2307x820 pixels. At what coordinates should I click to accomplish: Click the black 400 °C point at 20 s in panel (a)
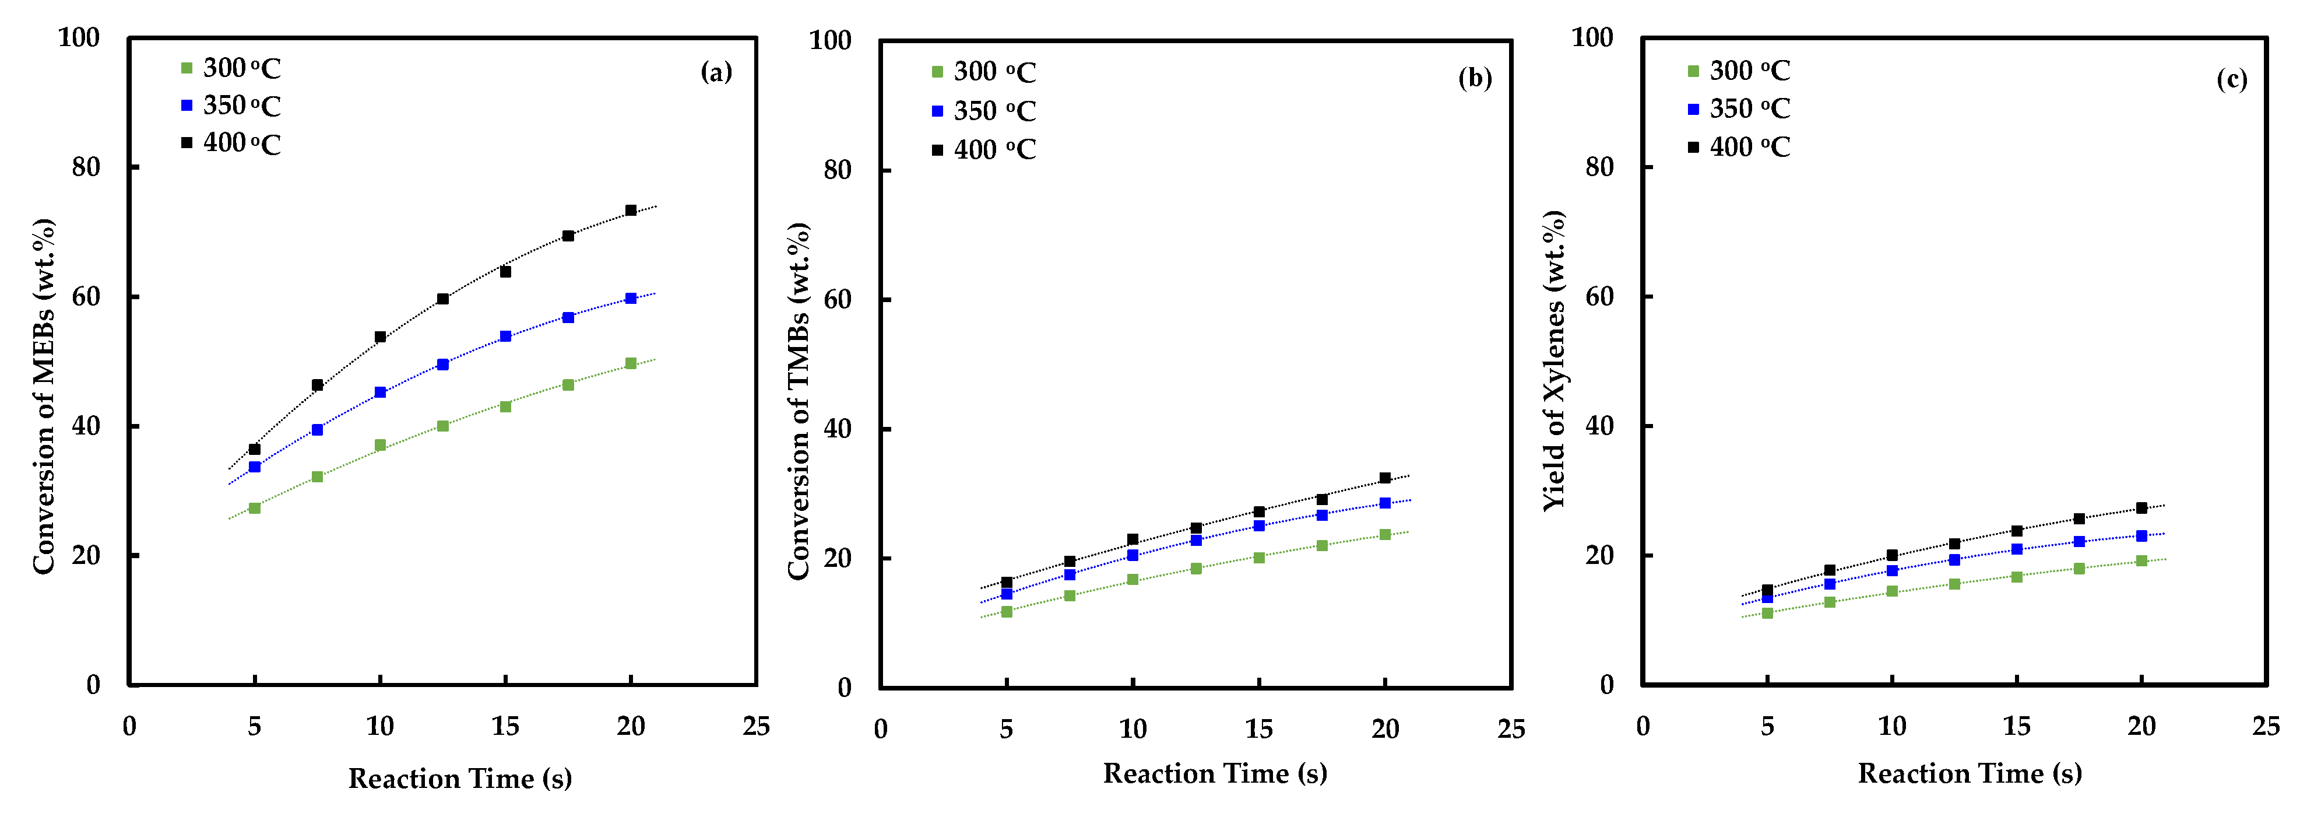click(x=631, y=211)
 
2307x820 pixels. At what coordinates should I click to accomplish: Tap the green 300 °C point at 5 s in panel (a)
click(x=254, y=508)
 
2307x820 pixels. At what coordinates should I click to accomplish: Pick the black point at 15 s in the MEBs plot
click(x=505, y=272)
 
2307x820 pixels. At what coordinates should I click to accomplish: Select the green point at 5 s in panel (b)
click(x=1007, y=612)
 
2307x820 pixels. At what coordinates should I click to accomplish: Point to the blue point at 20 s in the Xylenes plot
click(x=2141, y=536)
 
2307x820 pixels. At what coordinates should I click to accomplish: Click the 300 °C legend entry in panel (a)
click(x=231, y=68)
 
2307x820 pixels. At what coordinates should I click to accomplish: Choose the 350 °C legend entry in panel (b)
click(x=983, y=111)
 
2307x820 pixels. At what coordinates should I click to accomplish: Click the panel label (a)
click(x=716, y=72)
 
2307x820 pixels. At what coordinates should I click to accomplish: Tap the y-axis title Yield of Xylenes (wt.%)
click(x=1555, y=360)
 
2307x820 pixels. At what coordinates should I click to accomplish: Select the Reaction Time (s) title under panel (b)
click(x=1214, y=773)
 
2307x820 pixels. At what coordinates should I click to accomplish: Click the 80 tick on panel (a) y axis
click(x=86, y=167)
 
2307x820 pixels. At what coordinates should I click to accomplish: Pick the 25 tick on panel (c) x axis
click(x=2266, y=727)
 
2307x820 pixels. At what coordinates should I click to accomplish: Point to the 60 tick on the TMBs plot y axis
click(x=838, y=300)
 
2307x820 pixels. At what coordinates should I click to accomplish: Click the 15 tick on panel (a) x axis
click(x=505, y=727)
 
